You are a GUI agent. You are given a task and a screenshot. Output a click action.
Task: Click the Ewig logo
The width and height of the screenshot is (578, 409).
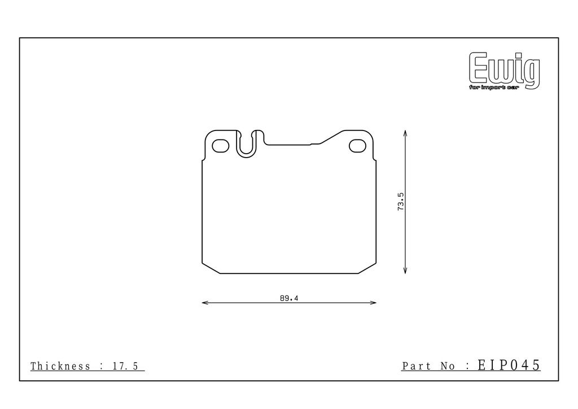pos(504,71)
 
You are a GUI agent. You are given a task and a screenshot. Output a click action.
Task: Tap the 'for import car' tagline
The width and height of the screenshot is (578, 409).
pos(494,88)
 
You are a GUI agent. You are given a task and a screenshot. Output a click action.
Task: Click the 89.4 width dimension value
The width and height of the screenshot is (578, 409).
pos(289,298)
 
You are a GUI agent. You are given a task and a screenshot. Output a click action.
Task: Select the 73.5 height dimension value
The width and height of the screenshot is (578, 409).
pos(401,202)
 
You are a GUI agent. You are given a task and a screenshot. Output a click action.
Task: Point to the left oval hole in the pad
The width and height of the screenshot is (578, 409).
pos(221,146)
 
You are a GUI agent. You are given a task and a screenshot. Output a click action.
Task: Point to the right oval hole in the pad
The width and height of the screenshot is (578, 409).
pos(357,146)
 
